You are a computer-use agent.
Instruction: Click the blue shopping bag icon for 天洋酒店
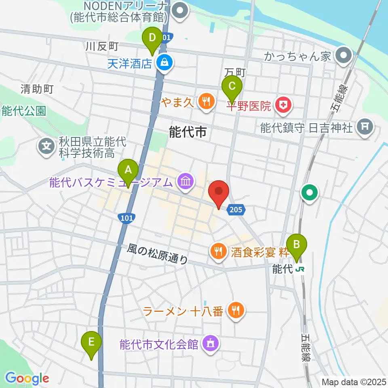pos(165,63)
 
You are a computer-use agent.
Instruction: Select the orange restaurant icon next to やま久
pos(207,101)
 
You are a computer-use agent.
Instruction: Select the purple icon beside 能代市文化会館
pos(210,344)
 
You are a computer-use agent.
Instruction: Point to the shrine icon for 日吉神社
pos(365,128)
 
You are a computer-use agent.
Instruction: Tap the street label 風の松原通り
pos(158,254)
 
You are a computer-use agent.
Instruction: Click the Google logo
pos(27,378)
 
